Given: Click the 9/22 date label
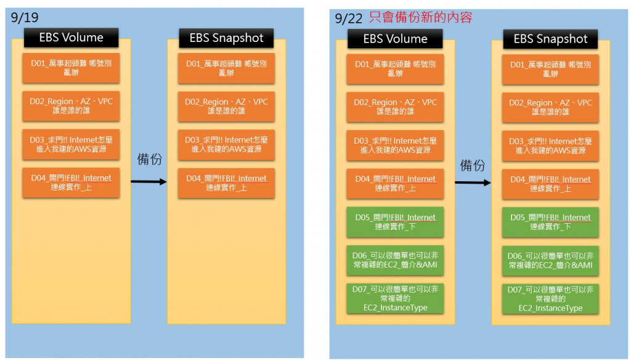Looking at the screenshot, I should click(x=348, y=18).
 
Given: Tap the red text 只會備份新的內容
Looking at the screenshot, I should click(x=420, y=17).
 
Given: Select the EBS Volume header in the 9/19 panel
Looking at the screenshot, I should click(x=71, y=38).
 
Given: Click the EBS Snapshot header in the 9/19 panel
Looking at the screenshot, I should click(x=226, y=38).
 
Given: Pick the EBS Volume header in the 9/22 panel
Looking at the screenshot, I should click(x=395, y=39).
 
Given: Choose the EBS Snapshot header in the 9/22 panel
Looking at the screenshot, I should click(x=550, y=39).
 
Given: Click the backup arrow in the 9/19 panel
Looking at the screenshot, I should click(x=149, y=181).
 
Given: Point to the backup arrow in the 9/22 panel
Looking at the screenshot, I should click(x=473, y=182).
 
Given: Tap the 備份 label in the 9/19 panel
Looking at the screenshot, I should click(x=149, y=159).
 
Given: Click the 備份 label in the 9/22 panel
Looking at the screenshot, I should click(x=473, y=165).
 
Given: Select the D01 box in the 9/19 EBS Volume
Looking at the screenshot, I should click(x=71, y=68).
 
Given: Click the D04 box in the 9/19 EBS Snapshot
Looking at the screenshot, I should click(x=226, y=183).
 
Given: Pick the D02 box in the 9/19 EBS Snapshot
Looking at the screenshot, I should click(x=226, y=106).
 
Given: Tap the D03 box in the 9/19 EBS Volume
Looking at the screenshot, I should click(x=71, y=144).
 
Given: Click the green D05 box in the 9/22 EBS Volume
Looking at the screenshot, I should click(x=395, y=222).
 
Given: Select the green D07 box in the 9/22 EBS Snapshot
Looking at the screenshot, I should click(x=550, y=299).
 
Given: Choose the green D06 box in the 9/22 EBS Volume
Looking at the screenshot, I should click(x=395, y=260).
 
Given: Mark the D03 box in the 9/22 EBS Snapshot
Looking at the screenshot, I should click(x=550, y=145).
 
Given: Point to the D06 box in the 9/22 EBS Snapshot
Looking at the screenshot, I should click(x=550, y=260).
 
